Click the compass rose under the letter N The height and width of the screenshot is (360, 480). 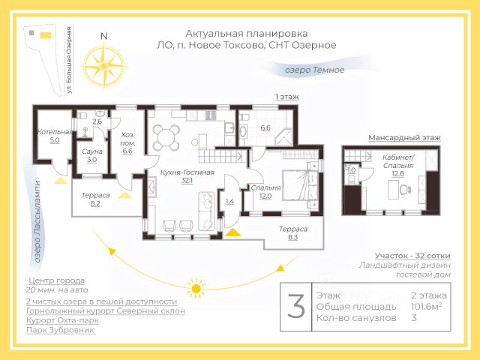pyautogui.click(x=104, y=67)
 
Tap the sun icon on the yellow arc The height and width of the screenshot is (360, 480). pyautogui.click(x=196, y=288)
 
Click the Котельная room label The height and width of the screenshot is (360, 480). pyautogui.click(x=55, y=132)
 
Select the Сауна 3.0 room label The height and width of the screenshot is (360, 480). pyautogui.click(x=92, y=155)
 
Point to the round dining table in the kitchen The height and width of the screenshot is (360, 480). pyautogui.click(x=166, y=138)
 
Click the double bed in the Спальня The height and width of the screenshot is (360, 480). pyautogui.click(x=300, y=185)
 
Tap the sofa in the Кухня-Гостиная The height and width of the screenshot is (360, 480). pyautogui.click(x=206, y=211)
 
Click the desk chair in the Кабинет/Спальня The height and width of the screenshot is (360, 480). pyautogui.click(x=405, y=190)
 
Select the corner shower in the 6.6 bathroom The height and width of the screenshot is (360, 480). pyautogui.click(x=283, y=137)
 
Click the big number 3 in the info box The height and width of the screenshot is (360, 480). pyautogui.click(x=296, y=306)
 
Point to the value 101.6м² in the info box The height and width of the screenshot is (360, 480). pyautogui.click(x=427, y=307)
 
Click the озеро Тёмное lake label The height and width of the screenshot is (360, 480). pyautogui.click(x=314, y=70)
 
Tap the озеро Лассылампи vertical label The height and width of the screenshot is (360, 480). pyautogui.click(x=37, y=222)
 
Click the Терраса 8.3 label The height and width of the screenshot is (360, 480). pyautogui.click(x=293, y=233)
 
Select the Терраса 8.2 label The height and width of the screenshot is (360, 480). pyautogui.click(x=95, y=199)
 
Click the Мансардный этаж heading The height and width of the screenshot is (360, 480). pyautogui.click(x=404, y=138)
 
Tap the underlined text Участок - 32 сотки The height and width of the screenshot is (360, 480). pyautogui.click(x=412, y=256)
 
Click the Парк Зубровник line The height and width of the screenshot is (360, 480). pyautogui.click(x=61, y=330)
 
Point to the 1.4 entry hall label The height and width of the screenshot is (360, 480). pyautogui.click(x=229, y=201)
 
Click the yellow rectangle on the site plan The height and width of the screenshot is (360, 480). pyautogui.click(x=46, y=35)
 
